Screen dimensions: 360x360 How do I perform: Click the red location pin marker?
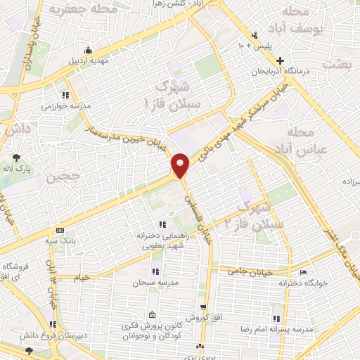(x=181, y=165)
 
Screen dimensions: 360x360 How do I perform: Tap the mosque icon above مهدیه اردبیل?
(x=87, y=49)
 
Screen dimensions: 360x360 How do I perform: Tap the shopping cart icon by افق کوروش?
(x=203, y=307)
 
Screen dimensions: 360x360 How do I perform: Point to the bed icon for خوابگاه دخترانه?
(x=303, y=273)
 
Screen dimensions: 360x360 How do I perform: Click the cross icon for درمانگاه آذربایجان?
(x=281, y=60)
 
